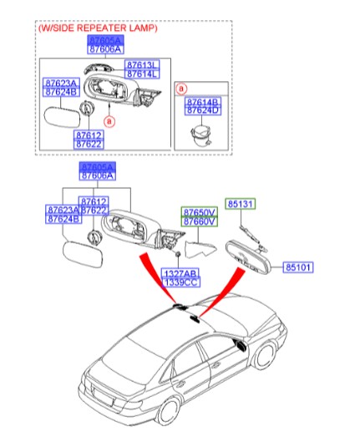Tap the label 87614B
coord(202,101)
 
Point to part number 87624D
coord(202,110)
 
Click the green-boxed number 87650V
coord(200,212)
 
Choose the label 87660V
coord(200,221)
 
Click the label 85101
coord(299,268)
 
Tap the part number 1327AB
coord(180,273)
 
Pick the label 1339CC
coord(180,282)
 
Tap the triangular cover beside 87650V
coord(200,248)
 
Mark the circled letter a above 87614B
coord(182,87)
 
